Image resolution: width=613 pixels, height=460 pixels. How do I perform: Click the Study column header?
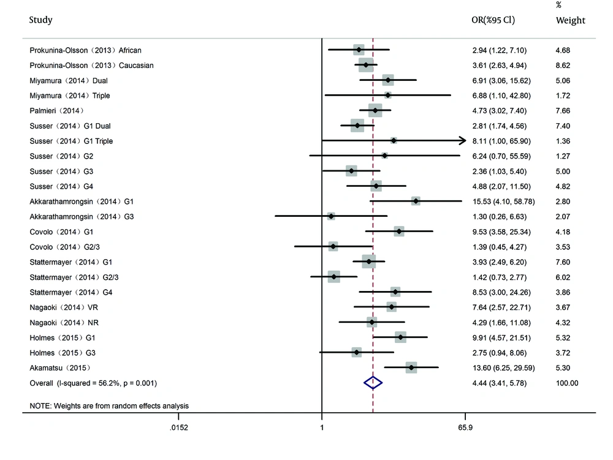(x=41, y=20)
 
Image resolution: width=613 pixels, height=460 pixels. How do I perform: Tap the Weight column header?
(x=570, y=20)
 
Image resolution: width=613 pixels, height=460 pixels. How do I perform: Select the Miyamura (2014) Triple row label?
(x=70, y=96)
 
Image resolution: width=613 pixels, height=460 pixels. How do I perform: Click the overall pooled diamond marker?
(x=373, y=383)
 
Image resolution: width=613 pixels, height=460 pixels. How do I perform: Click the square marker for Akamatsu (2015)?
(x=411, y=368)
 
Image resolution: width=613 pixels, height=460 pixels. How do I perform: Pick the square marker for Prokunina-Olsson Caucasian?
(x=366, y=65)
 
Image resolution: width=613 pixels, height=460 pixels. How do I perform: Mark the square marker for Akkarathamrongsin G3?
(x=331, y=216)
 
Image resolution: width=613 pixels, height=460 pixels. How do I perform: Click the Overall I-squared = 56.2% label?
(x=94, y=383)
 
